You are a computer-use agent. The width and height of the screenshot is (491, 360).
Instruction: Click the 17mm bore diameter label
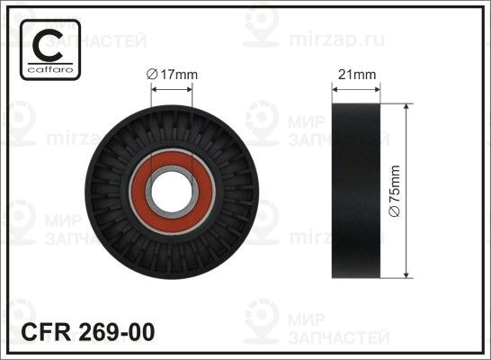click(173, 75)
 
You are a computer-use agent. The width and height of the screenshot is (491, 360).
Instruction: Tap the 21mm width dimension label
click(357, 75)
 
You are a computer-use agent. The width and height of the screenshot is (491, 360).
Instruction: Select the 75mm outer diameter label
click(394, 191)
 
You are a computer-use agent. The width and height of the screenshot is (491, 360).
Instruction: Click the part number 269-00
click(117, 332)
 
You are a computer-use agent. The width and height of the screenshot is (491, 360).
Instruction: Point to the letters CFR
click(46, 332)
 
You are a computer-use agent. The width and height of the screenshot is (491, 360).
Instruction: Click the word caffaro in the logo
click(50, 69)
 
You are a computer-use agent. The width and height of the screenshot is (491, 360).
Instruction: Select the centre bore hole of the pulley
click(172, 192)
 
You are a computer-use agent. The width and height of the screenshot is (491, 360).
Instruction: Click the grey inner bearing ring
click(148, 192)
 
